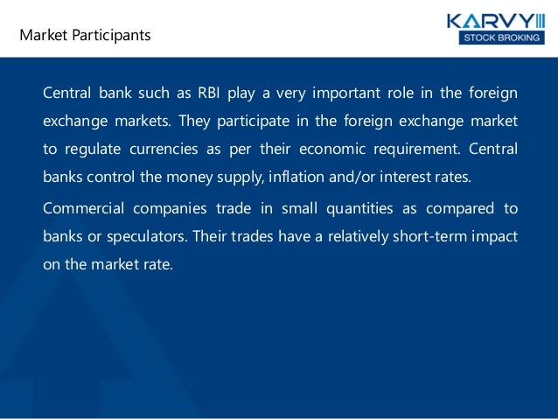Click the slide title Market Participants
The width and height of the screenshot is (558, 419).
pos(86,36)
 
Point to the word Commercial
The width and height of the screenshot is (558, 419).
pos(81,208)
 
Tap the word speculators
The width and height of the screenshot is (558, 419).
pos(140,236)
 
